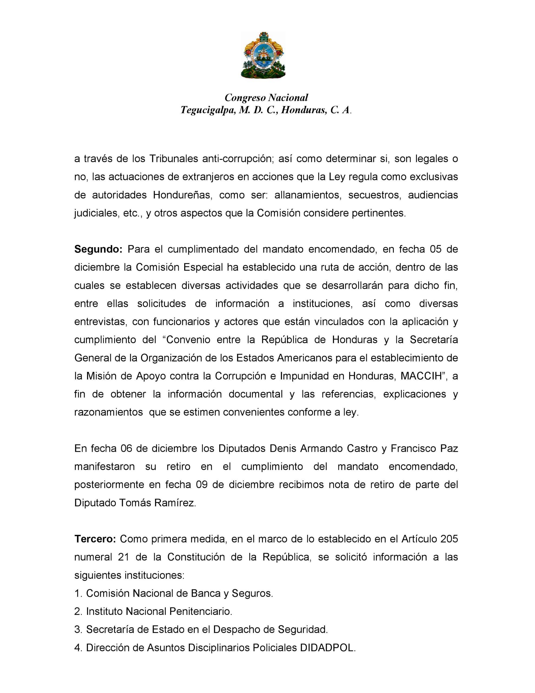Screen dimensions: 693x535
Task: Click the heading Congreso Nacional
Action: point(266,97)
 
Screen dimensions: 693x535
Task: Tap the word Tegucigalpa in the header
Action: point(208,110)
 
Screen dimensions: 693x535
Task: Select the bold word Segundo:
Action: point(98,249)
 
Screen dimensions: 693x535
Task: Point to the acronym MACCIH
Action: point(421,376)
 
